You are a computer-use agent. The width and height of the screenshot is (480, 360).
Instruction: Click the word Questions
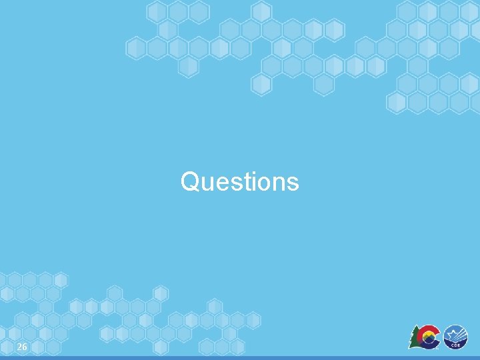pos(239,181)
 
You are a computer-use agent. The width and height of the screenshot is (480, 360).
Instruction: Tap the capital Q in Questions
pos(189,181)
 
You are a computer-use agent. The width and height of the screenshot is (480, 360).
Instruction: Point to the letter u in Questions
pos(205,183)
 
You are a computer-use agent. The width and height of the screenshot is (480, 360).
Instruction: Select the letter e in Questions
pos(219,183)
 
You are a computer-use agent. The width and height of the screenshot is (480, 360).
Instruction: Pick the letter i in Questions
pos(248,181)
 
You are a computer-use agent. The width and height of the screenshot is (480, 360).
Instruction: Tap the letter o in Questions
pos(259,183)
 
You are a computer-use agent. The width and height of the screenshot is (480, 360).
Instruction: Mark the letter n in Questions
pos(275,183)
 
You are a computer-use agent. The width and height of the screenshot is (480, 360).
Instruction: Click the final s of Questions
pos(292,183)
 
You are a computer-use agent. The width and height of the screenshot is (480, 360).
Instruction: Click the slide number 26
pos(22,347)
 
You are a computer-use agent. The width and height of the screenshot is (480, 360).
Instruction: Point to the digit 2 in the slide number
pos(19,347)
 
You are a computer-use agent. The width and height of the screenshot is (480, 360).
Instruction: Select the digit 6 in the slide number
pos(25,347)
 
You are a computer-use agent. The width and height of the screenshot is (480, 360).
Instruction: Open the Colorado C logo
pos(425,337)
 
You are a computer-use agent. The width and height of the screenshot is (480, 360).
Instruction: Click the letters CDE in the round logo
pos(457,345)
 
